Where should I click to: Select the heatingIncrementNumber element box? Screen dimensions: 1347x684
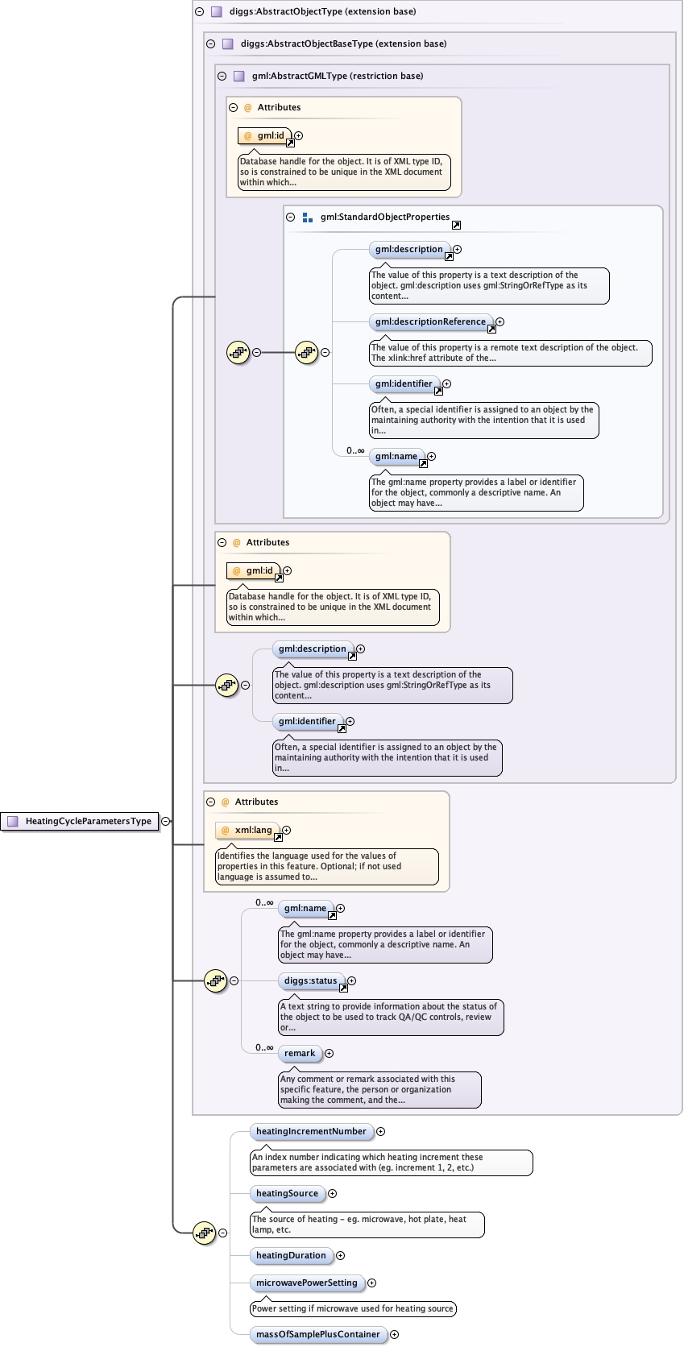click(x=311, y=1131)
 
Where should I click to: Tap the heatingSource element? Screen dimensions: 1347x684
click(x=287, y=1193)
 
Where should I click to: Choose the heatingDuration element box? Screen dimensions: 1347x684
click(x=291, y=1255)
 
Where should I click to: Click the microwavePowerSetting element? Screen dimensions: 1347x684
click(x=306, y=1283)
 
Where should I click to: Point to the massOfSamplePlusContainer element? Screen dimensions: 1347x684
click(x=317, y=1334)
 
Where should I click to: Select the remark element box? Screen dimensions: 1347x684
click(x=300, y=1053)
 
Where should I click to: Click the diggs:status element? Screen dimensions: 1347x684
click(x=310, y=980)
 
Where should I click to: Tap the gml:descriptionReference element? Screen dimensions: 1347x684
click(x=430, y=321)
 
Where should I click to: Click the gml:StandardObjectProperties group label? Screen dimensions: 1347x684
click(x=384, y=217)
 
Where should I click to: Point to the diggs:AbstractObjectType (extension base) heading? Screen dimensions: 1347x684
click(x=322, y=12)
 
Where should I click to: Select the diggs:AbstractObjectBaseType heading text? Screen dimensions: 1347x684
click(x=343, y=44)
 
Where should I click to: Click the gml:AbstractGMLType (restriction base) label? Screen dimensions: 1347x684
click(x=337, y=76)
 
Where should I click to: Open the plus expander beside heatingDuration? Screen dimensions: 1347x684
click(x=340, y=1255)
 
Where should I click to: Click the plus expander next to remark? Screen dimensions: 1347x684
click(x=329, y=1053)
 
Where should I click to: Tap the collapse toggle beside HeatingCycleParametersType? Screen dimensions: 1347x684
click(x=165, y=821)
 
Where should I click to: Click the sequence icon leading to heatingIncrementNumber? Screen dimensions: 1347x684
click(x=204, y=1233)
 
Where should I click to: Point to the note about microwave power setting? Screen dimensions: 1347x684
click(x=352, y=1308)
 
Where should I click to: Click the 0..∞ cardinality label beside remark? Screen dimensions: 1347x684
click(x=264, y=1047)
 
